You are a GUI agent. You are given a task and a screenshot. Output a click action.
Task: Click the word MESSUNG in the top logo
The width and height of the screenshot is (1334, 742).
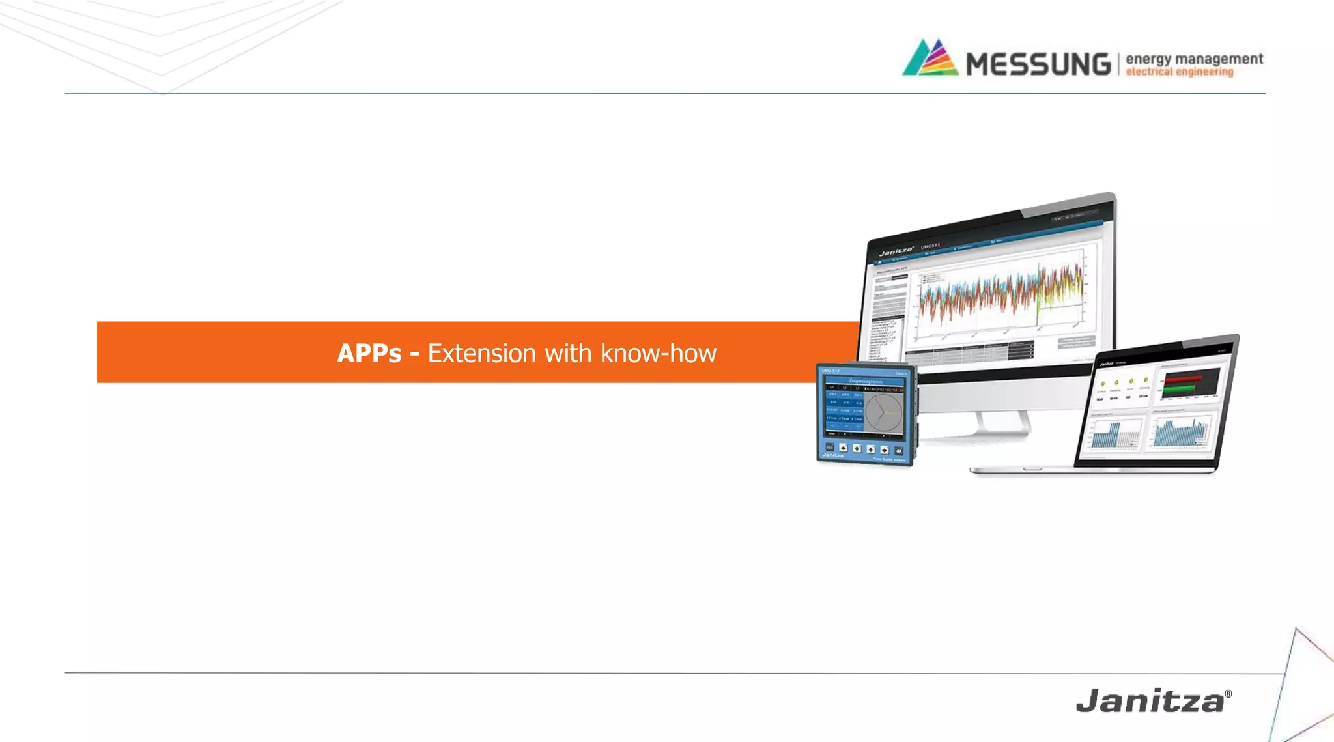point(1038,64)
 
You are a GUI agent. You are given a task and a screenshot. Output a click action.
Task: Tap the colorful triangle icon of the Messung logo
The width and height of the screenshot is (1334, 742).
point(930,58)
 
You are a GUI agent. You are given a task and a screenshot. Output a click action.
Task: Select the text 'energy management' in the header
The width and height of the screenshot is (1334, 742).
point(1194,59)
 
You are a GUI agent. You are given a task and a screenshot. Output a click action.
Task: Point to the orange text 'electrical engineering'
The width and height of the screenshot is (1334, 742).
point(1180,72)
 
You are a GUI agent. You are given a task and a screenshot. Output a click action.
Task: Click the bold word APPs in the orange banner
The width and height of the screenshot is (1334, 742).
point(369,353)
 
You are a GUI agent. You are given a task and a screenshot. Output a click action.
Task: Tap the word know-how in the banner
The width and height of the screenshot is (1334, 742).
point(658,353)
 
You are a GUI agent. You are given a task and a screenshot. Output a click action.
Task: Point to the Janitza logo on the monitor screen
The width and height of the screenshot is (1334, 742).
point(896,251)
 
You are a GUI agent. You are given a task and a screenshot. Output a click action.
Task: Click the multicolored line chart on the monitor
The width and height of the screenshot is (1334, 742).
point(1003,296)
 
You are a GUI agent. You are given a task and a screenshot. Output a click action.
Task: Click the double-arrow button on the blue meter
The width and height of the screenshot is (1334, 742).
point(899,450)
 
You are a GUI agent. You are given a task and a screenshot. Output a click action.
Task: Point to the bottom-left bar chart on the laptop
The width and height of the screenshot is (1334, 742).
point(1115,433)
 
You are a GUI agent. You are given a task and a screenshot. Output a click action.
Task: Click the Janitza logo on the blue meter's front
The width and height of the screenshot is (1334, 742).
point(833,455)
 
